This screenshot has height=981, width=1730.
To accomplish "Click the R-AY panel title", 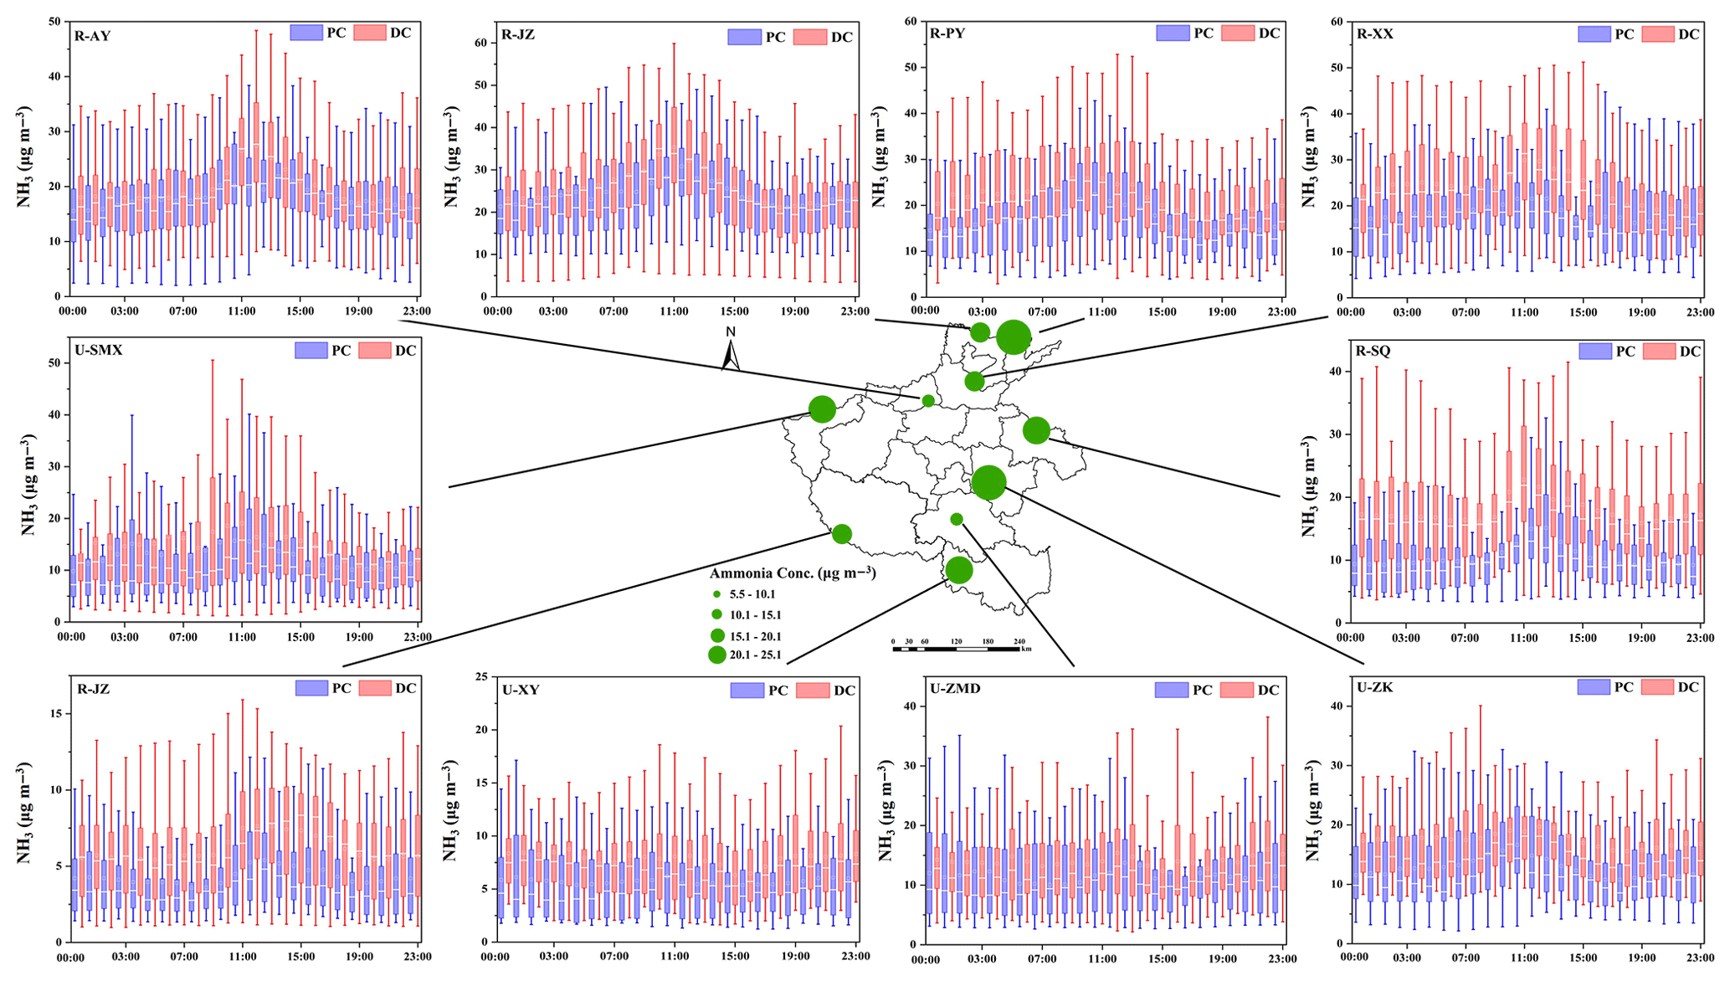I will [x=92, y=36].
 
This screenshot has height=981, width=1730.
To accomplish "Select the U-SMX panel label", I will [x=98, y=351].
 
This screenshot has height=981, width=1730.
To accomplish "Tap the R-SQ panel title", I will [x=1373, y=351].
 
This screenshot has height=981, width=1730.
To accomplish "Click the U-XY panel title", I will [x=521, y=691].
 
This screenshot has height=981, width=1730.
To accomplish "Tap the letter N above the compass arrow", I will [x=731, y=331].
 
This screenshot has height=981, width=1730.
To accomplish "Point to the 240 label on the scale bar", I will [x=1019, y=641].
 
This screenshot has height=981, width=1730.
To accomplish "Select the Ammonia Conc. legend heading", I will [x=792, y=573].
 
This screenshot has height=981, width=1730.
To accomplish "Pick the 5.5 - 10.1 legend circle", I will [x=716, y=594].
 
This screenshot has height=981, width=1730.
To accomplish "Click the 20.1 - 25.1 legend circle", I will [x=716, y=655].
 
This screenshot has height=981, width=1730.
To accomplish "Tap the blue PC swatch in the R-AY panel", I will [x=305, y=33].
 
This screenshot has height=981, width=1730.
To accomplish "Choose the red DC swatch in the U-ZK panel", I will [x=1658, y=687].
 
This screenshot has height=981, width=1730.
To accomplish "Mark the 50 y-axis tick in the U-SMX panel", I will [x=54, y=363].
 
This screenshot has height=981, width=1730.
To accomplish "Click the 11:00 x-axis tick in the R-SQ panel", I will [x=1523, y=638].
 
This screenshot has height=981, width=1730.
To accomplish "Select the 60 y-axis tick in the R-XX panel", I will [x=1336, y=22].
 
